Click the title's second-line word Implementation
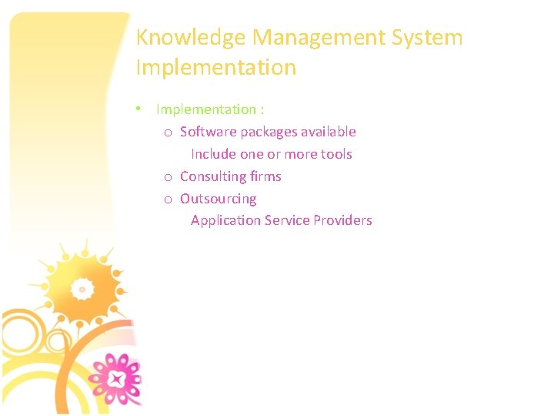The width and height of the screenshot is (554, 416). [215, 68]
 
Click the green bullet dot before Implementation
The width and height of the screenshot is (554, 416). [137, 109]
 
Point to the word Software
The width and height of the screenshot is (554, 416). [205, 132]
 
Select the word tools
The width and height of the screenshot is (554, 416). [336, 154]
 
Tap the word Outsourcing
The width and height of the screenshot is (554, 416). [219, 199]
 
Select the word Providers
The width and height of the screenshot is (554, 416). [342, 220]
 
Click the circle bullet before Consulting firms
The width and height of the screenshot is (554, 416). [168, 177]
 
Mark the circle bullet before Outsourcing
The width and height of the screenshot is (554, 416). [168, 200]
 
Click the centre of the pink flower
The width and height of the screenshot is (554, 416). [116, 380]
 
